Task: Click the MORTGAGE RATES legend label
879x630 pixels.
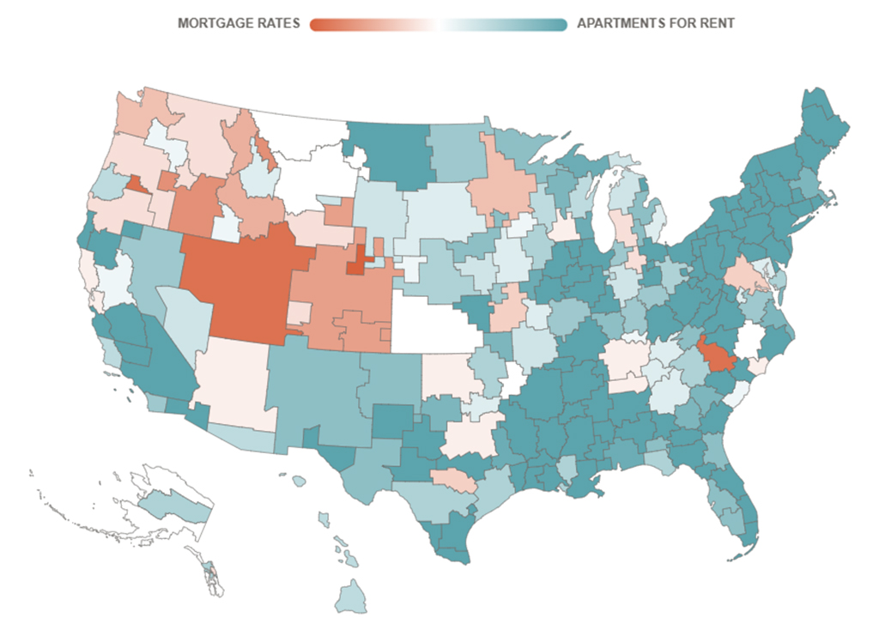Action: click(239, 24)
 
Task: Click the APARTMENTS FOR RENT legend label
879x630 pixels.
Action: click(655, 24)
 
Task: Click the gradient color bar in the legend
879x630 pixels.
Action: click(438, 24)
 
